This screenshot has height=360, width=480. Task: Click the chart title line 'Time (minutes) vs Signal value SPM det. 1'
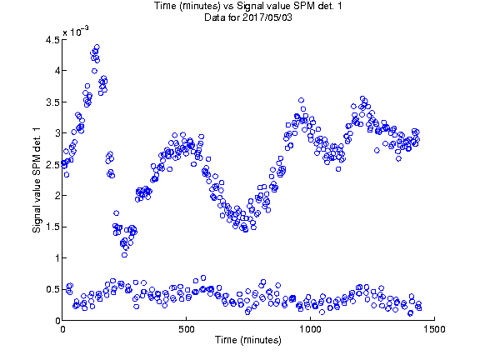point(248,6)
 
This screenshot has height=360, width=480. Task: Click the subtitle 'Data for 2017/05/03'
point(248,17)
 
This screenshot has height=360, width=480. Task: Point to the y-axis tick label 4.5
point(52,40)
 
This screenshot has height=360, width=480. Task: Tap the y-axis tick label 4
point(57,71)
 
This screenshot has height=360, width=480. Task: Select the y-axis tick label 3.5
point(52,102)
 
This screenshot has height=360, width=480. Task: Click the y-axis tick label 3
point(57,133)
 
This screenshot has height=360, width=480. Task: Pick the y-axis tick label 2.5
point(52,165)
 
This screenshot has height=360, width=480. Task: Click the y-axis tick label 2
point(57,196)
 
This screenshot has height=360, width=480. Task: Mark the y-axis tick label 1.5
point(52,227)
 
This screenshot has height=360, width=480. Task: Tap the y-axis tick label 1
point(57,258)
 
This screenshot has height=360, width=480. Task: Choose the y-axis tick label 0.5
point(52,290)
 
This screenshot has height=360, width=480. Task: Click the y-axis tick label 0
point(57,321)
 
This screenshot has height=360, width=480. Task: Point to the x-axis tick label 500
point(187,329)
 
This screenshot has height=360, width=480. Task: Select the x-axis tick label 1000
point(310,329)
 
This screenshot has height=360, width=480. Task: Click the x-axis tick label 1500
point(434,329)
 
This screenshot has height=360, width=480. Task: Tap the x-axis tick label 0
point(62,329)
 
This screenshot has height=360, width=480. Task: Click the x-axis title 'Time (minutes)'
point(248,340)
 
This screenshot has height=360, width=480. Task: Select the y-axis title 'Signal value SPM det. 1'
point(37,180)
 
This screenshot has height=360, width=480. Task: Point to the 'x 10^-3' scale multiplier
point(76,31)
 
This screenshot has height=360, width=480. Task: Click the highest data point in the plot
point(97,47)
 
